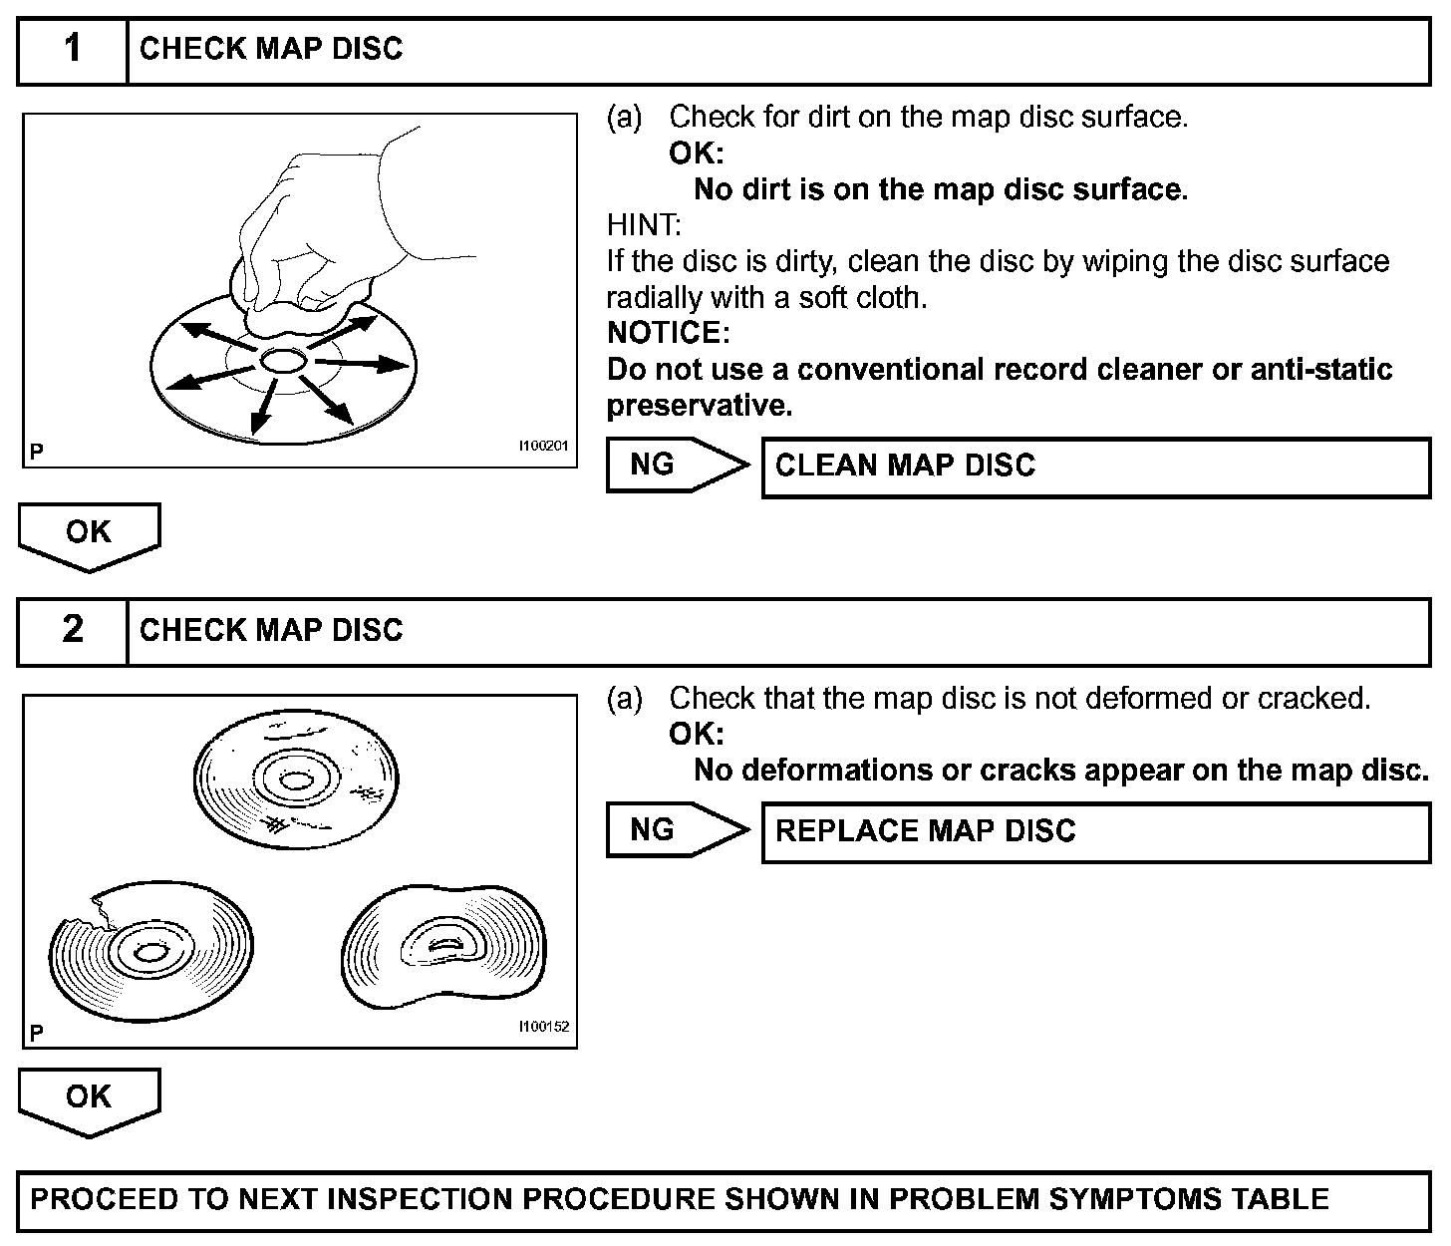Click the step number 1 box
pos(73,49)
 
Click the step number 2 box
pos(73,630)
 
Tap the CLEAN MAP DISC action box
pos(1095,466)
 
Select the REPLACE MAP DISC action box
pos(1095,831)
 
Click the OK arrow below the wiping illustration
pos(89,534)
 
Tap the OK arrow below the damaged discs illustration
pos(89,1099)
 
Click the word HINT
pos(643,225)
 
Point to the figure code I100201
pos(542,446)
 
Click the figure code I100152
pos(543,1027)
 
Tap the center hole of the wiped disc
pos(282,361)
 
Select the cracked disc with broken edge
pos(149,947)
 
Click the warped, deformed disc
pos(443,942)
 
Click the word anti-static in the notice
pos(1320,370)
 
